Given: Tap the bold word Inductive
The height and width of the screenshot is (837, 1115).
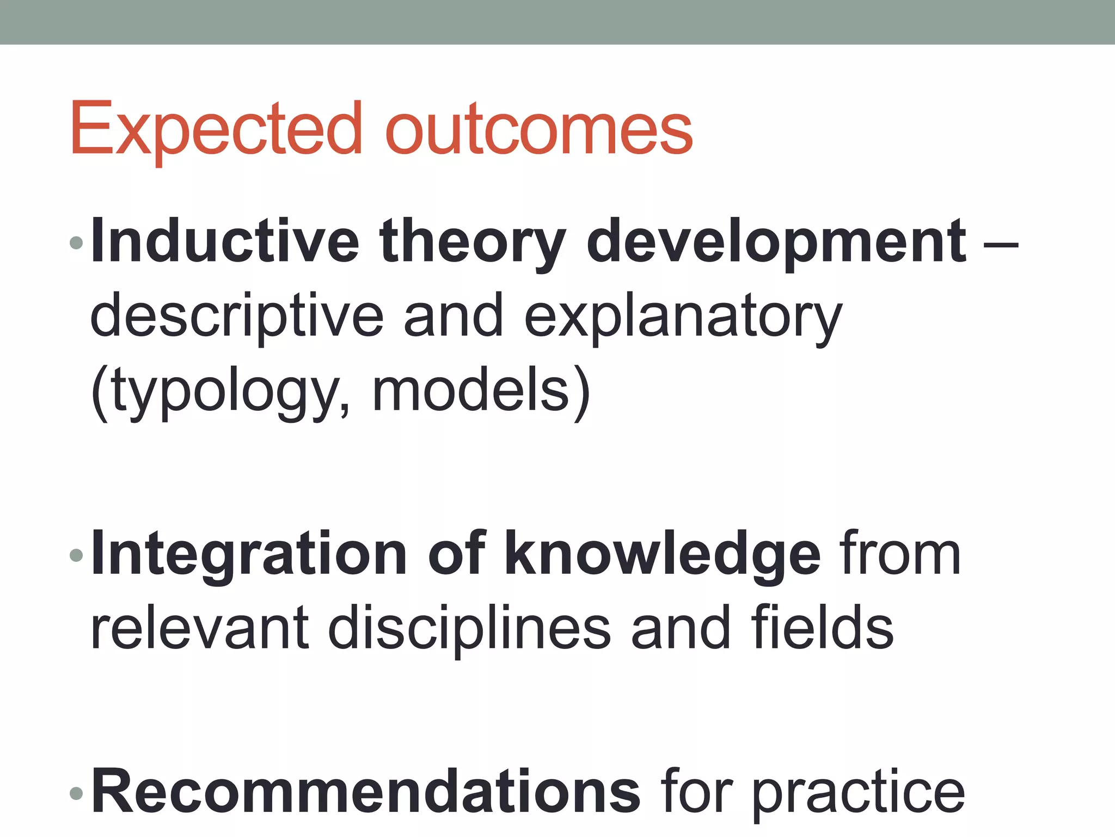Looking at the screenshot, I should (x=225, y=241).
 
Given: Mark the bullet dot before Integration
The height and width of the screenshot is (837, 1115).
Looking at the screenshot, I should (x=76, y=555).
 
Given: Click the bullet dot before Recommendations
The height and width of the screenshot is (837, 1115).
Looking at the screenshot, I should (x=76, y=793).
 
